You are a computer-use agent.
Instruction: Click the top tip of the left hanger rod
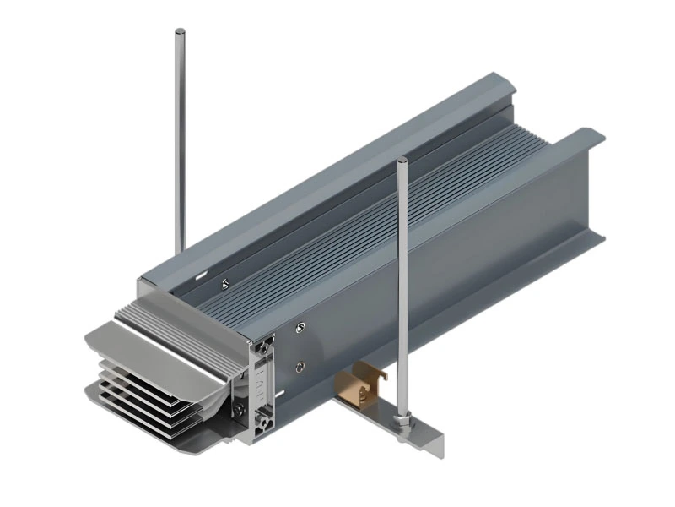click(180, 33)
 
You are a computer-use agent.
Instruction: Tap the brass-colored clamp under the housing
click(359, 385)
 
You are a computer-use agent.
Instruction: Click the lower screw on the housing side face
click(300, 365)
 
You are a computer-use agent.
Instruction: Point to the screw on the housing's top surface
click(224, 283)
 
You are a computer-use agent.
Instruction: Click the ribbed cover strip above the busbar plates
click(181, 317)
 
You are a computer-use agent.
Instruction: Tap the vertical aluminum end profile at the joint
click(262, 389)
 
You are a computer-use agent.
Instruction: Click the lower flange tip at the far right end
click(601, 238)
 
